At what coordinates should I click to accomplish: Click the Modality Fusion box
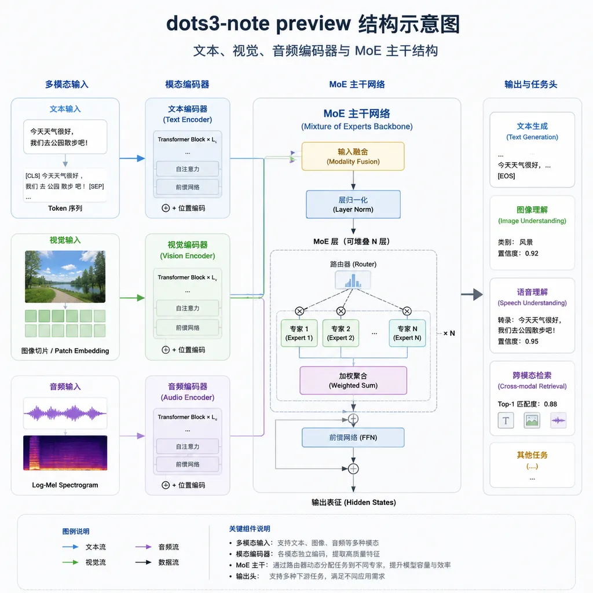tap(353, 156)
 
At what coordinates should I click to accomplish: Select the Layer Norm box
tap(353, 204)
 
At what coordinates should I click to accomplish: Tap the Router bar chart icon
tap(353, 280)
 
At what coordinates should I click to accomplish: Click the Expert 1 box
tap(299, 333)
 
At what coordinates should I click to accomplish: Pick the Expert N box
tap(407, 333)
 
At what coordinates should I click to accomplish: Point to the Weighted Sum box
tap(353, 380)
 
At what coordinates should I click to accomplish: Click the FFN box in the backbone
tap(353, 438)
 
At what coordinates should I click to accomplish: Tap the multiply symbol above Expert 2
tap(341, 311)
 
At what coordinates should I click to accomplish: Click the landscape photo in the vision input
tap(65, 276)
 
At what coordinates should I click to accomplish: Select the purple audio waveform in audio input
tap(65, 413)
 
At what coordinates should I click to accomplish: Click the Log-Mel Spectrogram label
tap(65, 485)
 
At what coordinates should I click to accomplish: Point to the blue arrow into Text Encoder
tap(133, 159)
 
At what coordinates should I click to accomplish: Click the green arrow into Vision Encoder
tap(133, 298)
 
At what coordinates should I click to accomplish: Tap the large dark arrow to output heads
tap(472, 294)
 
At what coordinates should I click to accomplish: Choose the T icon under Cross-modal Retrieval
tap(506, 420)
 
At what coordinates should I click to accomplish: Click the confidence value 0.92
tap(532, 254)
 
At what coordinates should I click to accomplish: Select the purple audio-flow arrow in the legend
tap(144, 547)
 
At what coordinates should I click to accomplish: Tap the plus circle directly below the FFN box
tap(353, 469)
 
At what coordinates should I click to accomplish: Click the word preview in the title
tap(313, 24)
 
